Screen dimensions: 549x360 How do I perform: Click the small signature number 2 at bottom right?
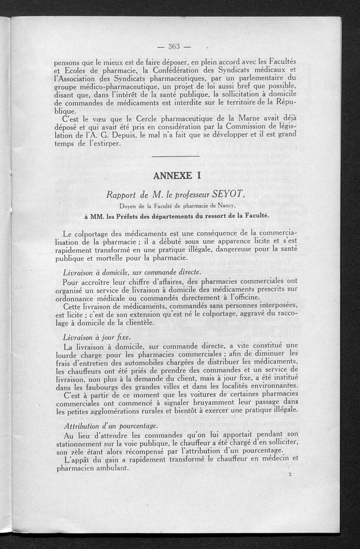(x=290, y=474)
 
